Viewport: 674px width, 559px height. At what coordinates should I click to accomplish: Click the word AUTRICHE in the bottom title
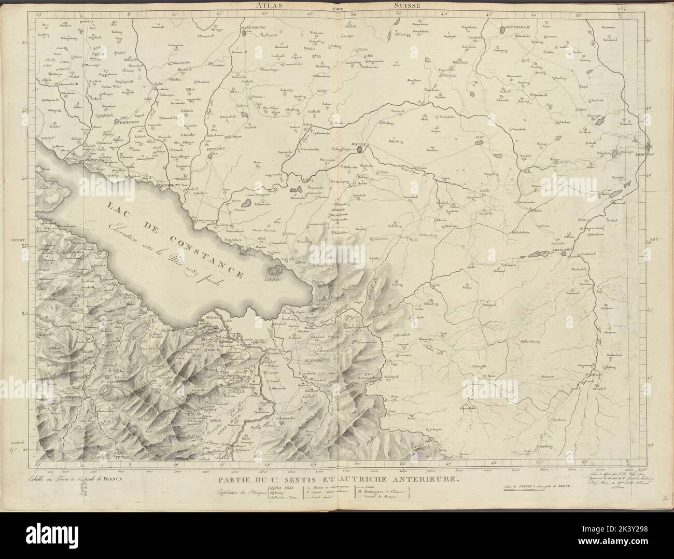[362, 481]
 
